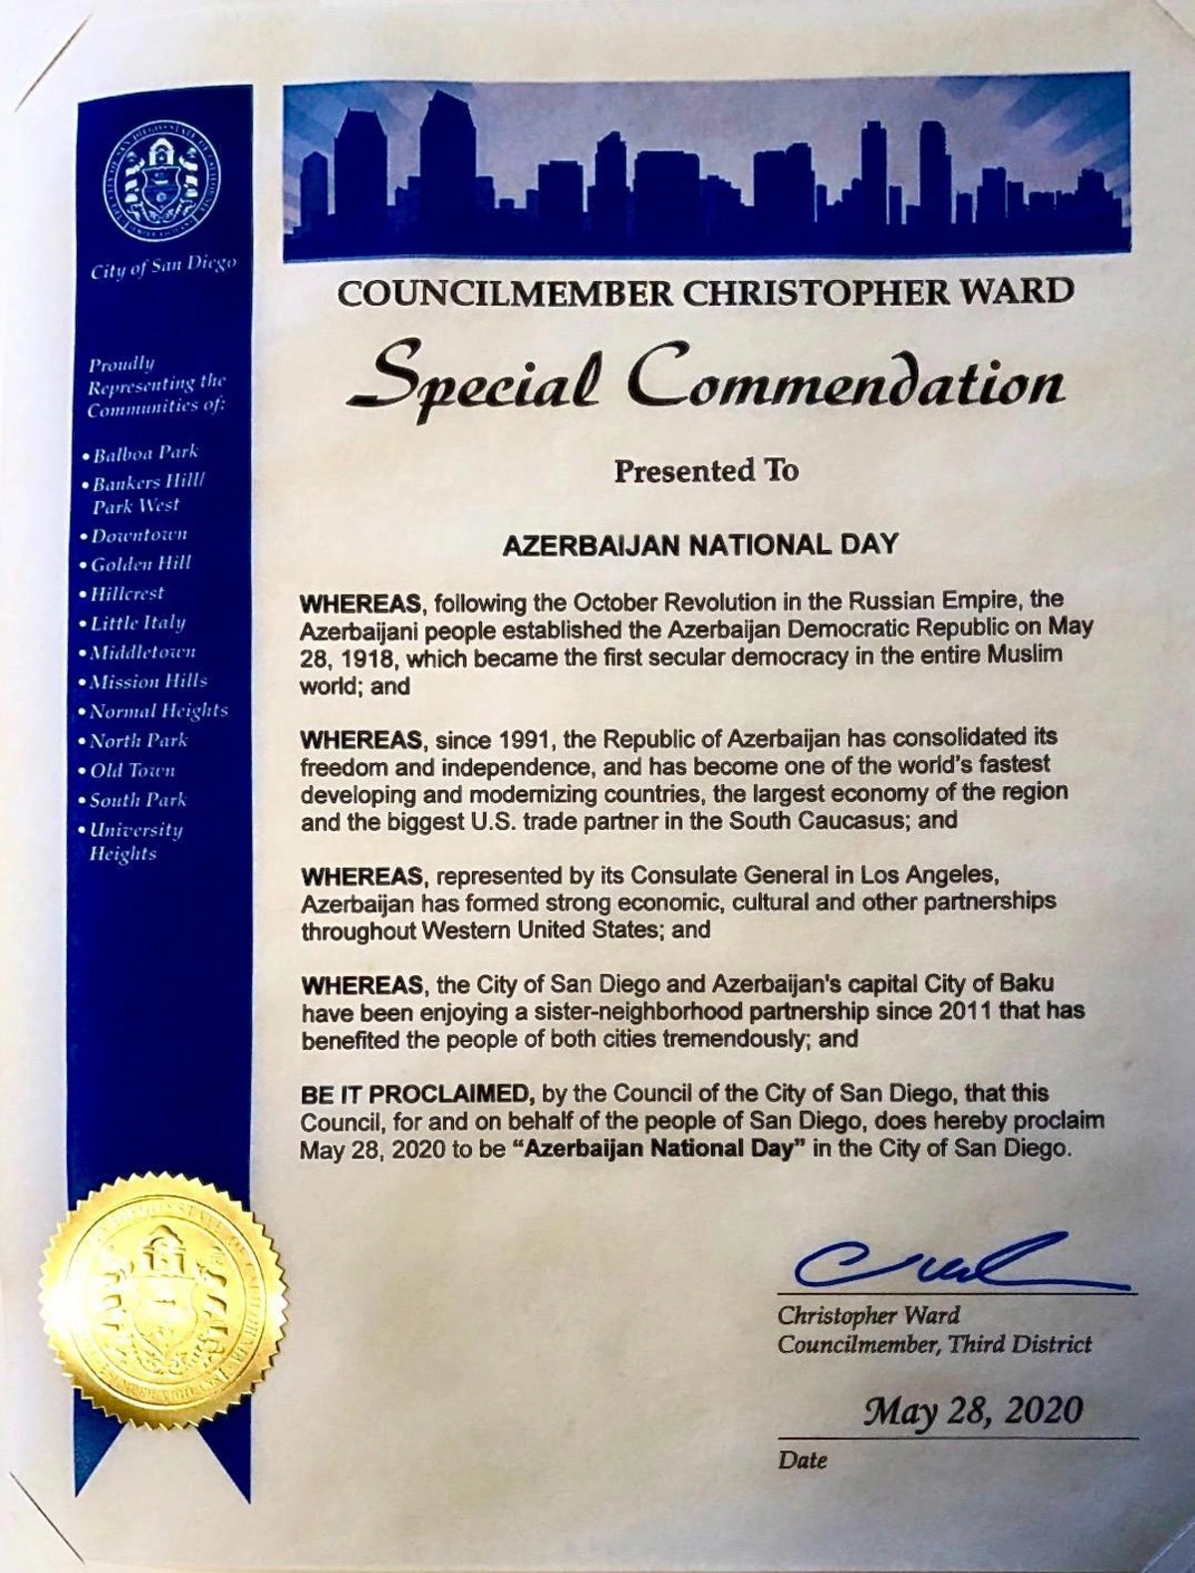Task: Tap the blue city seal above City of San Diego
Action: [x=162, y=175]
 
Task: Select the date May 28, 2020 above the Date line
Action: [x=972, y=1411]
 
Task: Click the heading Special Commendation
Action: [x=705, y=383]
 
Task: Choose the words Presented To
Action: [x=706, y=470]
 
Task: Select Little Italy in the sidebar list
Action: [x=138, y=623]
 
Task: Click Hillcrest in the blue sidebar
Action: [x=128, y=593]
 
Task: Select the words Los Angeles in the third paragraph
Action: [x=936, y=875]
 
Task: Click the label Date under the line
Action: [x=804, y=1459]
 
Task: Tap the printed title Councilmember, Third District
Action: [x=934, y=1344]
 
